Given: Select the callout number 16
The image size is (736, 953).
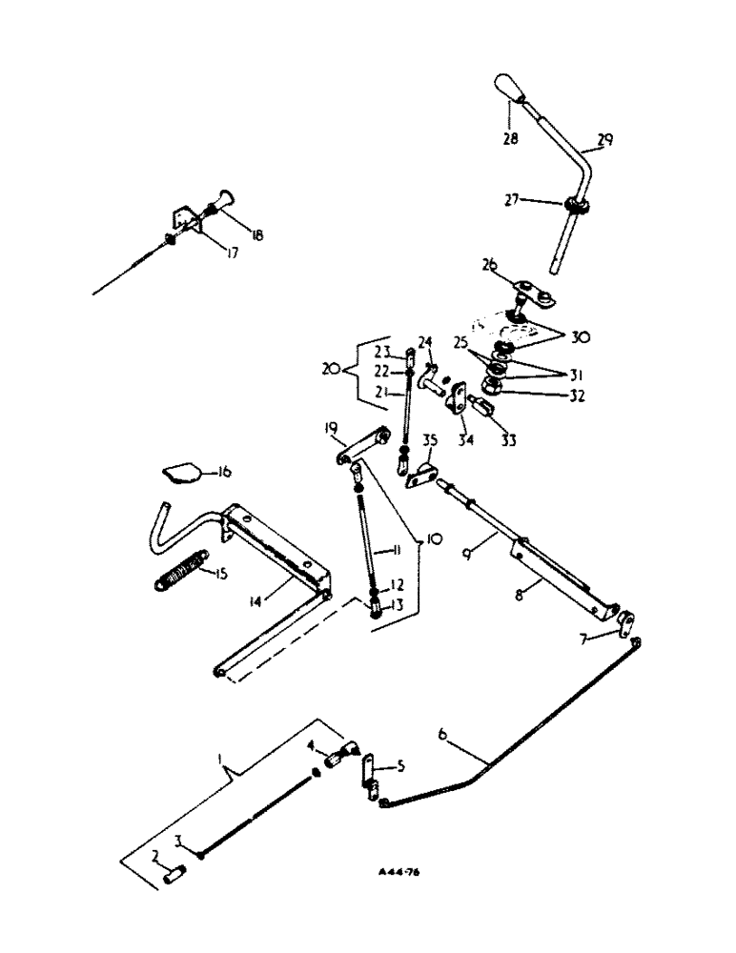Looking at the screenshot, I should click(226, 471).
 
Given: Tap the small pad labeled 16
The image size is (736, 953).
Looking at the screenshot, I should click(179, 472).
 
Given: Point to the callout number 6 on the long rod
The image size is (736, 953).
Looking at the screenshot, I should click(442, 733).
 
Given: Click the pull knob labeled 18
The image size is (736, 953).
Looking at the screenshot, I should click(226, 204).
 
